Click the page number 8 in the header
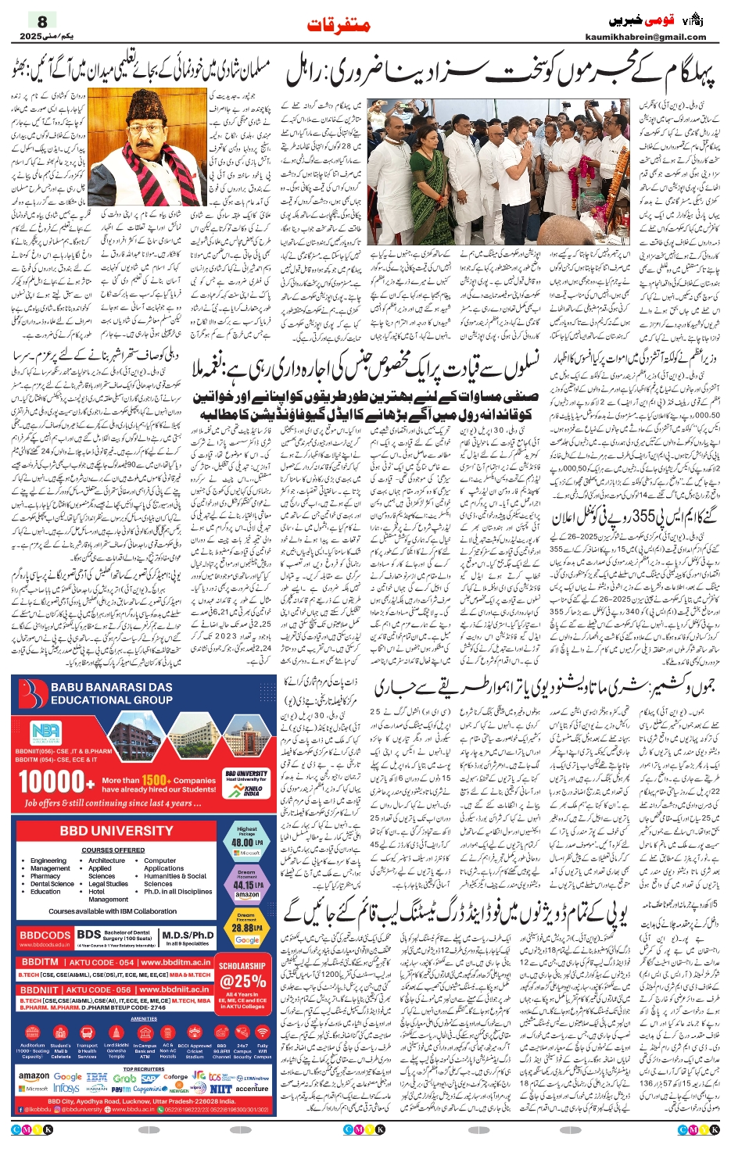pyautogui.click(x=42, y=22)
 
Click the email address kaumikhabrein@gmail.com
pyautogui.click(x=657, y=37)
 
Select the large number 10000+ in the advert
pyautogui.click(x=51, y=781)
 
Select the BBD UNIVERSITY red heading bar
pyautogui.click(x=116, y=831)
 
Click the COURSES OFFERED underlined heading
pyautogui.click(x=113, y=850)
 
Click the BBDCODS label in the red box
pyautogui.click(x=45, y=936)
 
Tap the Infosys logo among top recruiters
pyautogui.click(x=66, y=1088)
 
